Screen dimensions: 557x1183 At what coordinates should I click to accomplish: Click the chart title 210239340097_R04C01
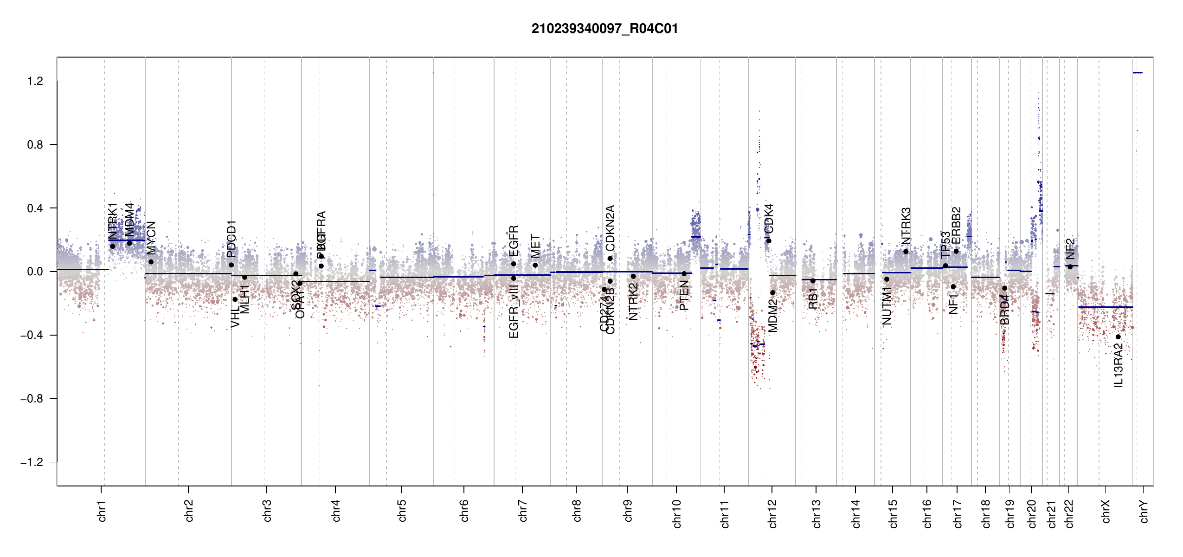click(x=604, y=29)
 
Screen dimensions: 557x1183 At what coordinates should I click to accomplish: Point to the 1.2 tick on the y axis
click(x=35, y=81)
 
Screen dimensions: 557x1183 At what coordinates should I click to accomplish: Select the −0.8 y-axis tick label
click(x=32, y=399)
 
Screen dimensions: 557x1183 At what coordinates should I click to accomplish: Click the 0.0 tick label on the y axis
click(x=35, y=272)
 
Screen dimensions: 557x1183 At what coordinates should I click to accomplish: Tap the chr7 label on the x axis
click(x=523, y=511)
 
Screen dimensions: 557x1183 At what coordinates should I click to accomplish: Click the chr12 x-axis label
click(x=772, y=513)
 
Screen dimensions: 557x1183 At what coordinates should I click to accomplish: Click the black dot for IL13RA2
click(x=1118, y=337)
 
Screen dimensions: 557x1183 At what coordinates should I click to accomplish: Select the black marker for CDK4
click(x=769, y=241)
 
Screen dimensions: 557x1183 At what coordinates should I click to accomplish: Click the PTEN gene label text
click(x=684, y=296)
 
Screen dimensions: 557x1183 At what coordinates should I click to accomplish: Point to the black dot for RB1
click(x=813, y=281)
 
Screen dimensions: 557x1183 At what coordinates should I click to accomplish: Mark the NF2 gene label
click(x=1070, y=249)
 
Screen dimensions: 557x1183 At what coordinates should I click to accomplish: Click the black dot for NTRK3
click(x=906, y=252)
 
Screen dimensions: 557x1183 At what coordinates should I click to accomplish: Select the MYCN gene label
click(x=151, y=238)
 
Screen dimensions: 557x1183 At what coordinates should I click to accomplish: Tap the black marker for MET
click(x=535, y=265)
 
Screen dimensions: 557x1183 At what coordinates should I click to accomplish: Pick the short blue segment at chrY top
click(x=1138, y=73)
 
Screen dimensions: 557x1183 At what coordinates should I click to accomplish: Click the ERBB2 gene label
click(x=956, y=226)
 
